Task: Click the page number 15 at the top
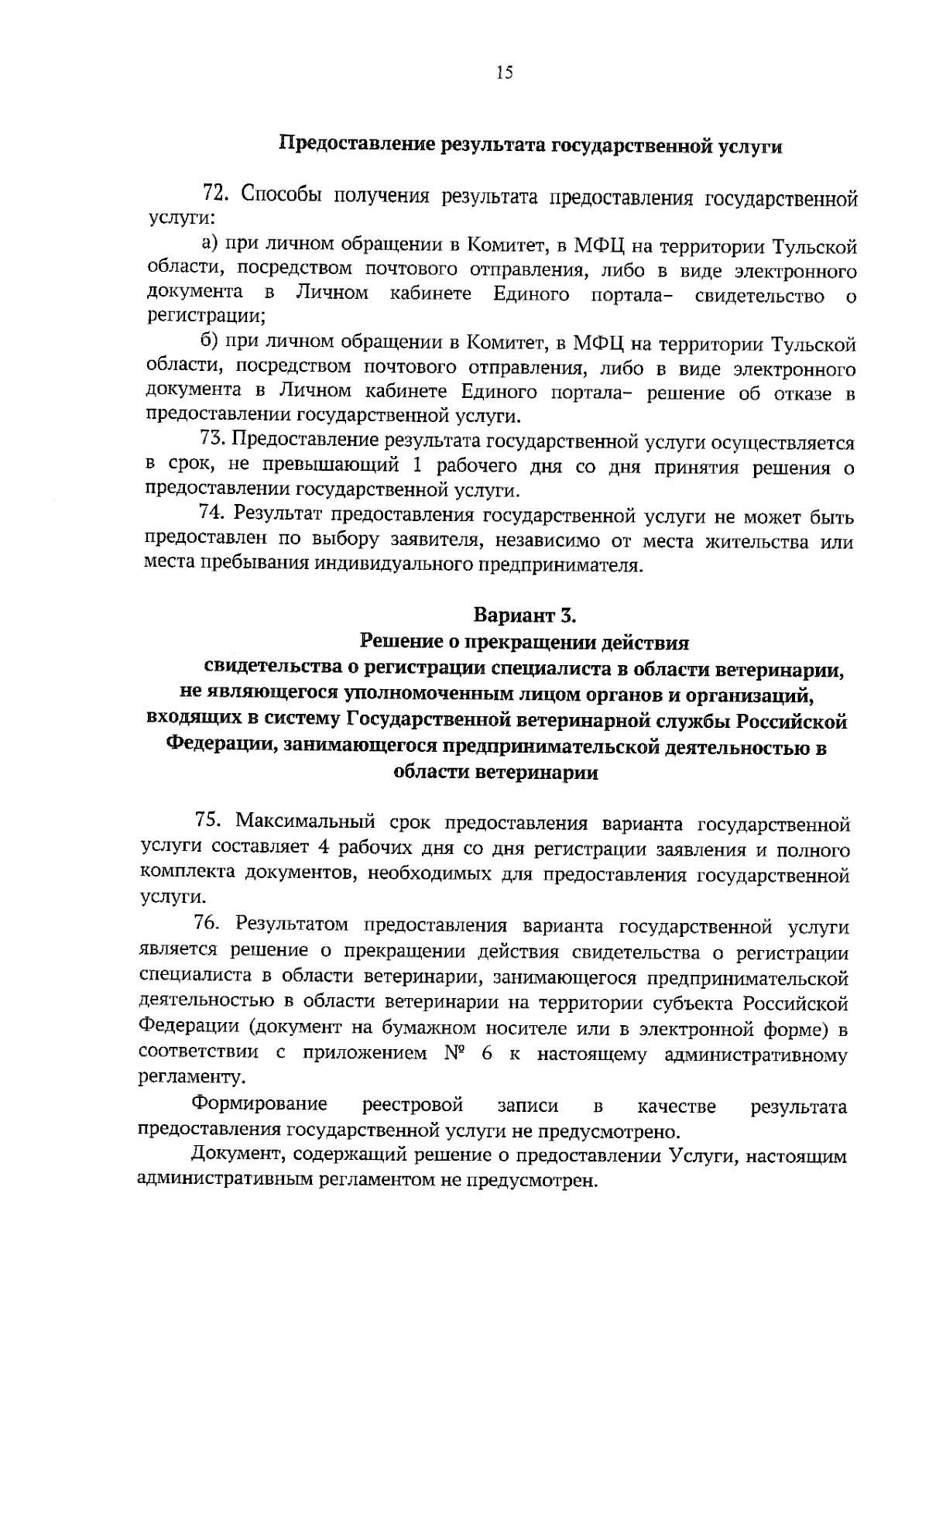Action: [x=504, y=74]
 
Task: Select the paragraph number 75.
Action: [x=209, y=821]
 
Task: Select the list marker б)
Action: [x=211, y=342]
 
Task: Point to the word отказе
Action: [x=803, y=393]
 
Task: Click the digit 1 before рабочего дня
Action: [x=417, y=467]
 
